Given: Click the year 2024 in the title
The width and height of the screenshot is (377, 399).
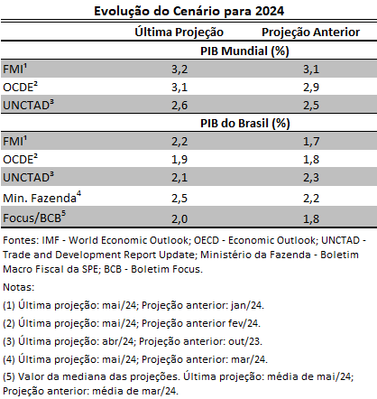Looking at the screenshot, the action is (x=270, y=11).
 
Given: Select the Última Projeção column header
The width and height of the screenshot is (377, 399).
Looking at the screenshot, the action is (x=179, y=32).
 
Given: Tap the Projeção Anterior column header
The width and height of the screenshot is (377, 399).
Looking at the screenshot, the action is (x=310, y=32).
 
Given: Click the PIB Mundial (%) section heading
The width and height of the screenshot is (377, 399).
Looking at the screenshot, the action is (x=244, y=51).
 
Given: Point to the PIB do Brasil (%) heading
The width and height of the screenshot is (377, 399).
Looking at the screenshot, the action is (x=244, y=124).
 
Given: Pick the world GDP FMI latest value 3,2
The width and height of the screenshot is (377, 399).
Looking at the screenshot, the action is (x=179, y=70).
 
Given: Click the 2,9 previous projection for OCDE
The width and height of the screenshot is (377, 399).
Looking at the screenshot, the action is (x=311, y=88).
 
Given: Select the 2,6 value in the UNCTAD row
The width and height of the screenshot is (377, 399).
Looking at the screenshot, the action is (x=179, y=106).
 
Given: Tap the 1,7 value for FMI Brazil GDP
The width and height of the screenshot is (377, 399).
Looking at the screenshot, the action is (x=311, y=142).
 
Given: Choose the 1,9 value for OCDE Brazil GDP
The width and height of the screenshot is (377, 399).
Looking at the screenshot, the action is (x=179, y=160).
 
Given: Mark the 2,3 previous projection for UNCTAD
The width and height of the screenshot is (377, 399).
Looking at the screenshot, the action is (x=311, y=178).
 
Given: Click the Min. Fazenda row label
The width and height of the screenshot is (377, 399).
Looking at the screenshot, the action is (x=41, y=198).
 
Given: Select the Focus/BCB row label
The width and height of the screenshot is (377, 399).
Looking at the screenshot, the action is (x=34, y=217).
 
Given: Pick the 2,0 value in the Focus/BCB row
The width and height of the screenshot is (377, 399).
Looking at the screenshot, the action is (x=179, y=219).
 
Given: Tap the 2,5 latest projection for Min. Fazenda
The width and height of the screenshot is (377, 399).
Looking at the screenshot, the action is (x=179, y=199).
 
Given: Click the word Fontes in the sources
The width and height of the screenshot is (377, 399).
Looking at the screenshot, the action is (x=21, y=240).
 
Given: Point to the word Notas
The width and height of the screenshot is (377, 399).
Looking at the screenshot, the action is (x=19, y=287).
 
